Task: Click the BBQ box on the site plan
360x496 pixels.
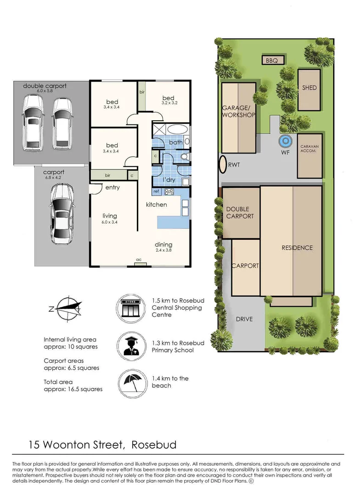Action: click(x=272, y=61)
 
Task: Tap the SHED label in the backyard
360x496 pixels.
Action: click(x=309, y=88)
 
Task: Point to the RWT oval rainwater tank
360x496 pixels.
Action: click(x=223, y=164)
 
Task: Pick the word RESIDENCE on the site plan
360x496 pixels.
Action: click(x=297, y=248)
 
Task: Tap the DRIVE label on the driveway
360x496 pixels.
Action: click(x=244, y=319)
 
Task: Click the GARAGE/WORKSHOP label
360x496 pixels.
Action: click(x=238, y=112)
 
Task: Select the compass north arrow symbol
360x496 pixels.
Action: click(x=67, y=308)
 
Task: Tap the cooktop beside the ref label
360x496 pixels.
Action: click(x=169, y=192)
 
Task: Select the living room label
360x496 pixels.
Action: click(x=110, y=216)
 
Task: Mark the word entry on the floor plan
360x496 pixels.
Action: click(x=112, y=187)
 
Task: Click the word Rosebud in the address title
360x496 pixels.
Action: click(x=154, y=445)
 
